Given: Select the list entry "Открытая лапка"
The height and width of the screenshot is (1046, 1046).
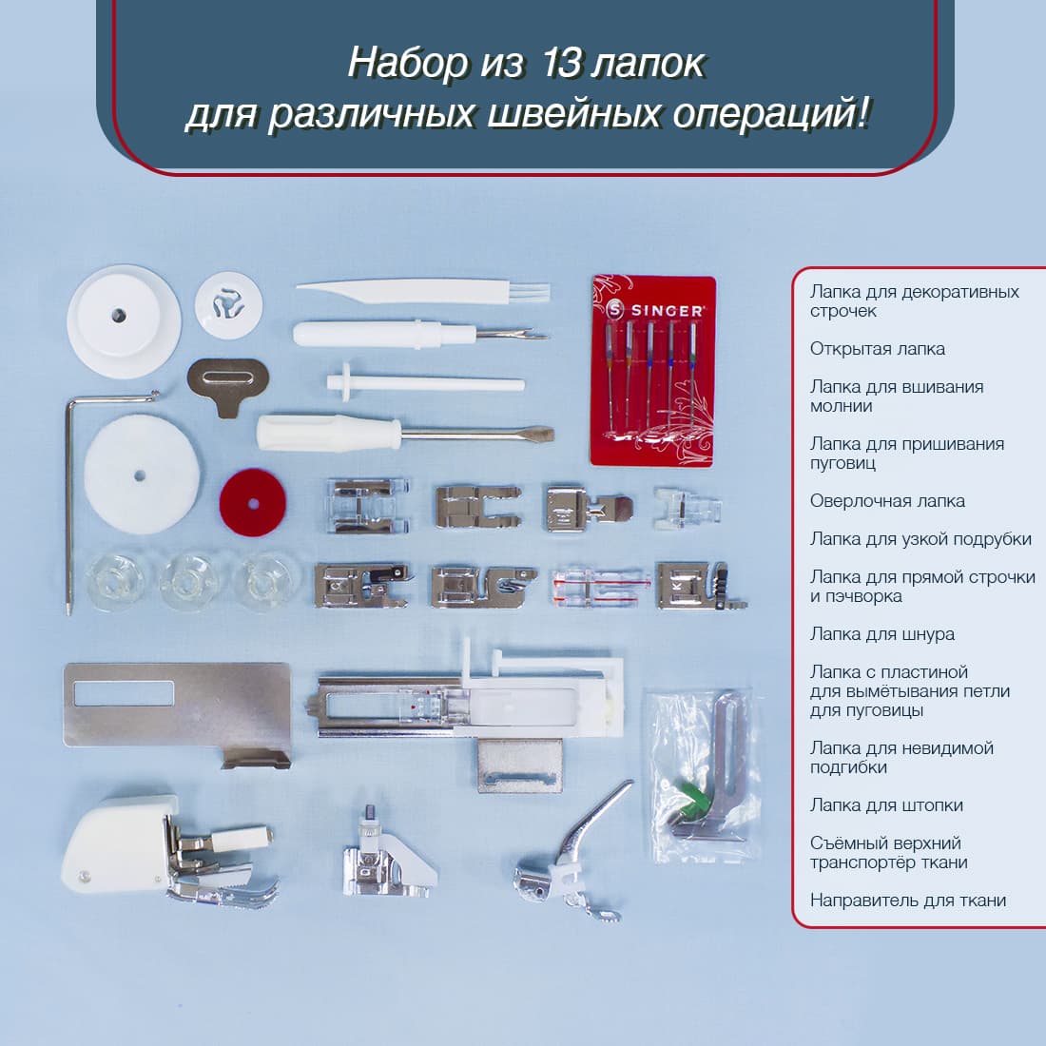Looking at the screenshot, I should [x=877, y=349].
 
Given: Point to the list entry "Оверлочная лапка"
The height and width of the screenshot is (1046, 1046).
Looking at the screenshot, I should [x=886, y=501].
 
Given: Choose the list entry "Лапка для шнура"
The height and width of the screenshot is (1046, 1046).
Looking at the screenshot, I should [x=881, y=634].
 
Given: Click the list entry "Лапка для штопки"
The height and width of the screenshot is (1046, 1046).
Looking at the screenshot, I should [x=886, y=805].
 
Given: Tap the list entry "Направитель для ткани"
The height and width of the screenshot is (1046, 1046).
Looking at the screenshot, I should [x=907, y=901].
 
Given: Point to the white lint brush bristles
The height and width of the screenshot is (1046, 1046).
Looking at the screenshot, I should [x=533, y=290].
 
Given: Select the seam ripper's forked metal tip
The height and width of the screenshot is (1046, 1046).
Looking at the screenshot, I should [x=533, y=334].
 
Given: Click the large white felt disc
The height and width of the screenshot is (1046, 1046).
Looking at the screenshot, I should [x=140, y=475].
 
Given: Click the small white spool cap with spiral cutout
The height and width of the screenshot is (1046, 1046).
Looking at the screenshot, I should [x=228, y=302].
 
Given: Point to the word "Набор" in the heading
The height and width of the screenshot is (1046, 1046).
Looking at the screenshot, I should [x=407, y=64].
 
